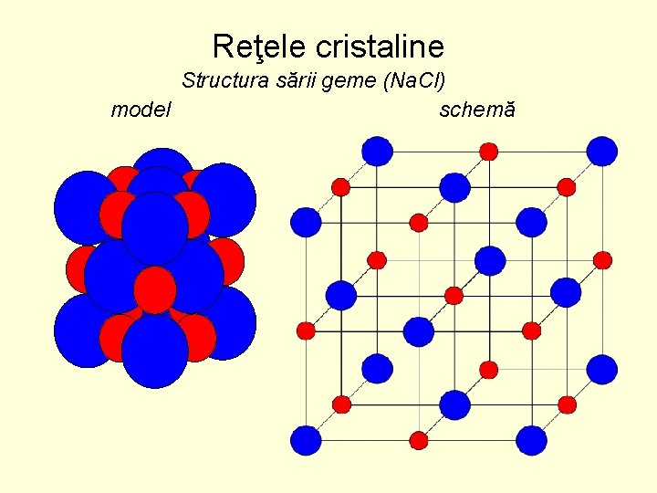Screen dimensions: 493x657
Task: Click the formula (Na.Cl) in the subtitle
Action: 414,80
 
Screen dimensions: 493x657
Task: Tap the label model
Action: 141,110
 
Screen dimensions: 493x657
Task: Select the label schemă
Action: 477,110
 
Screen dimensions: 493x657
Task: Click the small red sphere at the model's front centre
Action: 154,288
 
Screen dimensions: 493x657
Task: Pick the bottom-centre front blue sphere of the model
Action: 154,351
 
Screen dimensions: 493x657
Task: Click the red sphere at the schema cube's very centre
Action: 454,295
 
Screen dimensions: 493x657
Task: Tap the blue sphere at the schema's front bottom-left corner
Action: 306,441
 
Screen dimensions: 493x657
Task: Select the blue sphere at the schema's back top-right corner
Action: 602,150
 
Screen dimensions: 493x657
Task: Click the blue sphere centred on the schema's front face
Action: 419,331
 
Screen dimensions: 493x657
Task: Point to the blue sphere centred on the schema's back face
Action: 490,260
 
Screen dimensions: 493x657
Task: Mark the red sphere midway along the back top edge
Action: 489,151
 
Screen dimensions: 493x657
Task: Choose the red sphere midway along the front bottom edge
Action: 419,441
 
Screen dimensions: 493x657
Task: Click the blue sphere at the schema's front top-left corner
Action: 306,221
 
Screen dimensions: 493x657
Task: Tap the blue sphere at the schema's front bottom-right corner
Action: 531,441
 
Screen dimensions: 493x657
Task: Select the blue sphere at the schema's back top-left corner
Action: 377,150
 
